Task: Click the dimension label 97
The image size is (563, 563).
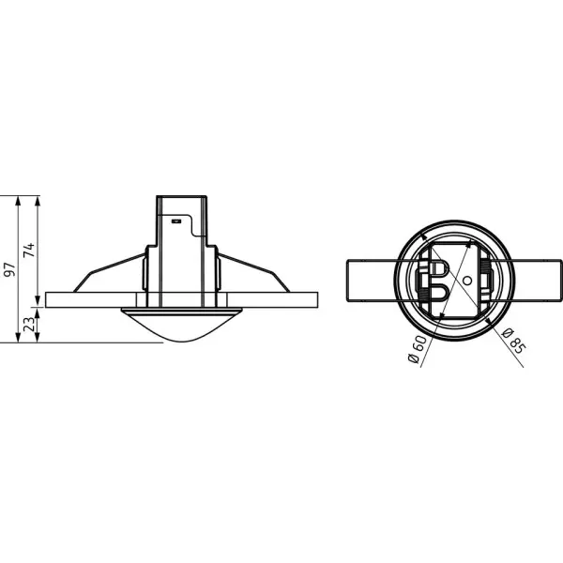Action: pos(10,269)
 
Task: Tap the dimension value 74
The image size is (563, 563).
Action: pos(29,250)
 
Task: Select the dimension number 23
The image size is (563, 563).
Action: pos(30,324)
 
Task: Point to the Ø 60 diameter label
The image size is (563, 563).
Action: pos(418,349)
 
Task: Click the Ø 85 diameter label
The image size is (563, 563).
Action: pos(513,341)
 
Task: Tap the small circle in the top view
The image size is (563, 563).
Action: pos(466,281)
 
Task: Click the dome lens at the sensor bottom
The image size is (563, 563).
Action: pos(182,325)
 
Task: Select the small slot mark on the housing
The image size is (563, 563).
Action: pos(175,221)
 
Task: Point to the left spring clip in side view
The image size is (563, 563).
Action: pos(109,273)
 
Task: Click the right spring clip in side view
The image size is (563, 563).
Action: pos(254,273)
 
